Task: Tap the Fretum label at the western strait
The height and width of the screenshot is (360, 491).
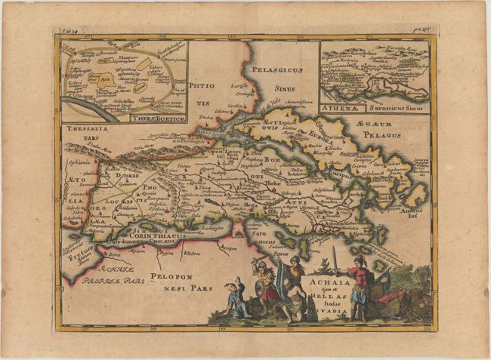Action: point(76,257)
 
